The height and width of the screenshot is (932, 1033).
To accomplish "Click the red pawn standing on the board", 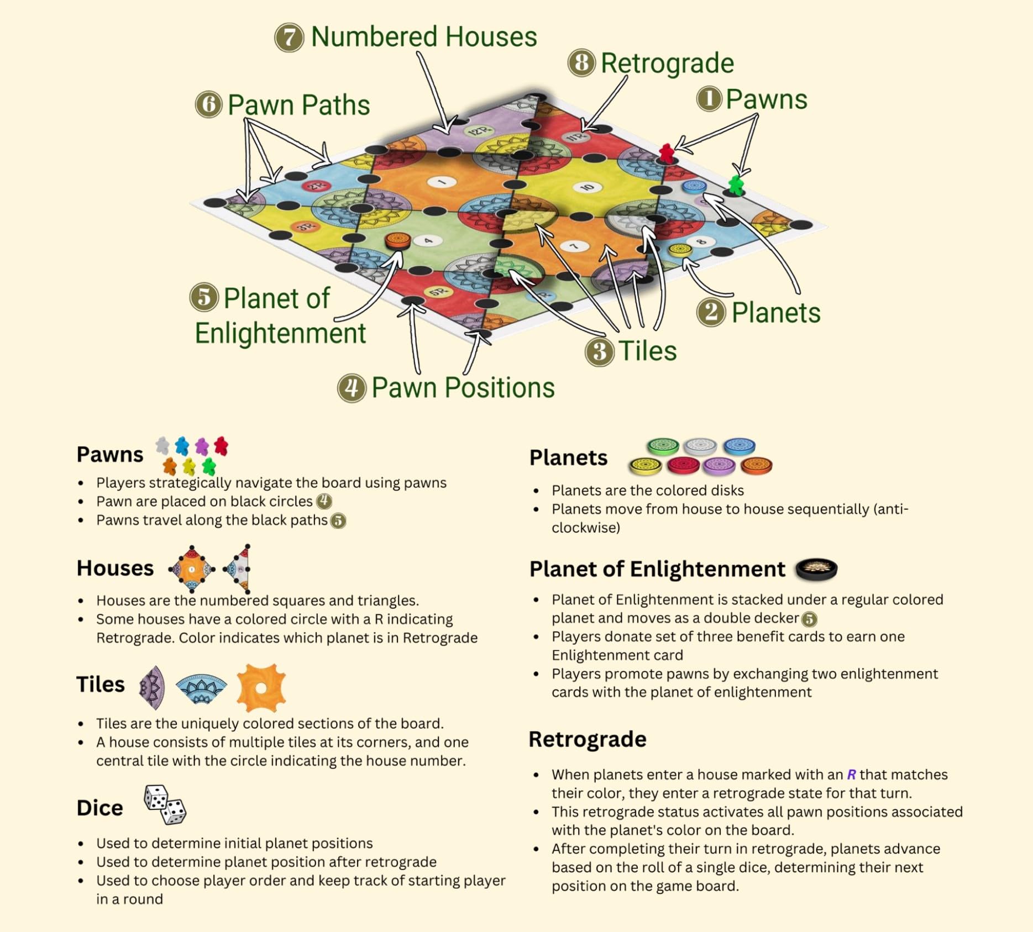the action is pyautogui.click(x=667, y=152).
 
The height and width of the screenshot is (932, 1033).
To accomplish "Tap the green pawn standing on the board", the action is pyautogui.click(x=736, y=185).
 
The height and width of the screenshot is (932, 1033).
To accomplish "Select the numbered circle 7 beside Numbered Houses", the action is pyautogui.click(x=289, y=38).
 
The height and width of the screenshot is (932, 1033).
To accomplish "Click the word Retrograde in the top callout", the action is pyautogui.click(x=667, y=63).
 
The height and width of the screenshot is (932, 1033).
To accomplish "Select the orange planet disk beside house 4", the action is pyautogui.click(x=397, y=240).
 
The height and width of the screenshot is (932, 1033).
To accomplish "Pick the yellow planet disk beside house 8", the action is pyautogui.click(x=680, y=250).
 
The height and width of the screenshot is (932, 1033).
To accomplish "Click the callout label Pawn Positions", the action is pyautogui.click(x=463, y=387).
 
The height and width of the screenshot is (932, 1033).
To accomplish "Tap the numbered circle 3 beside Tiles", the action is pyautogui.click(x=600, y=351).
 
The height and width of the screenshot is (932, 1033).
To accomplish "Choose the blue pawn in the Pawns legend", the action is pyautogui.click(x=182, y=446).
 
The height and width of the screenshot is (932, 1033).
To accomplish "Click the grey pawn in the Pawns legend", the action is pyautogui.click(x=162, y=445).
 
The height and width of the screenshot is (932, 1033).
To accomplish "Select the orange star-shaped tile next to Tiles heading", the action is pyautogui.click(x=261, y=688).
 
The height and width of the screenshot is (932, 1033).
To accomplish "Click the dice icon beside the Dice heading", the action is pyautogui.click(x=165, y=805).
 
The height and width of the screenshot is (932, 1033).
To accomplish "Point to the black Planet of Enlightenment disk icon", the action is pyautogui.click(x=816, y=569).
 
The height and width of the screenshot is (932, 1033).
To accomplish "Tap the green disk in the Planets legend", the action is pyautogui.click(x=663, y=446).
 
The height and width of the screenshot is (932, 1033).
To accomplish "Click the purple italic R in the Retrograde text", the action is pyautogui.click(x=851, y=775).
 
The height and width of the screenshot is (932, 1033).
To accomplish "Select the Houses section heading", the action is pyautogui.click(x=115, y=568).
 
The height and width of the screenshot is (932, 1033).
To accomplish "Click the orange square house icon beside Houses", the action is pyautogui.click(x=191, y=569).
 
